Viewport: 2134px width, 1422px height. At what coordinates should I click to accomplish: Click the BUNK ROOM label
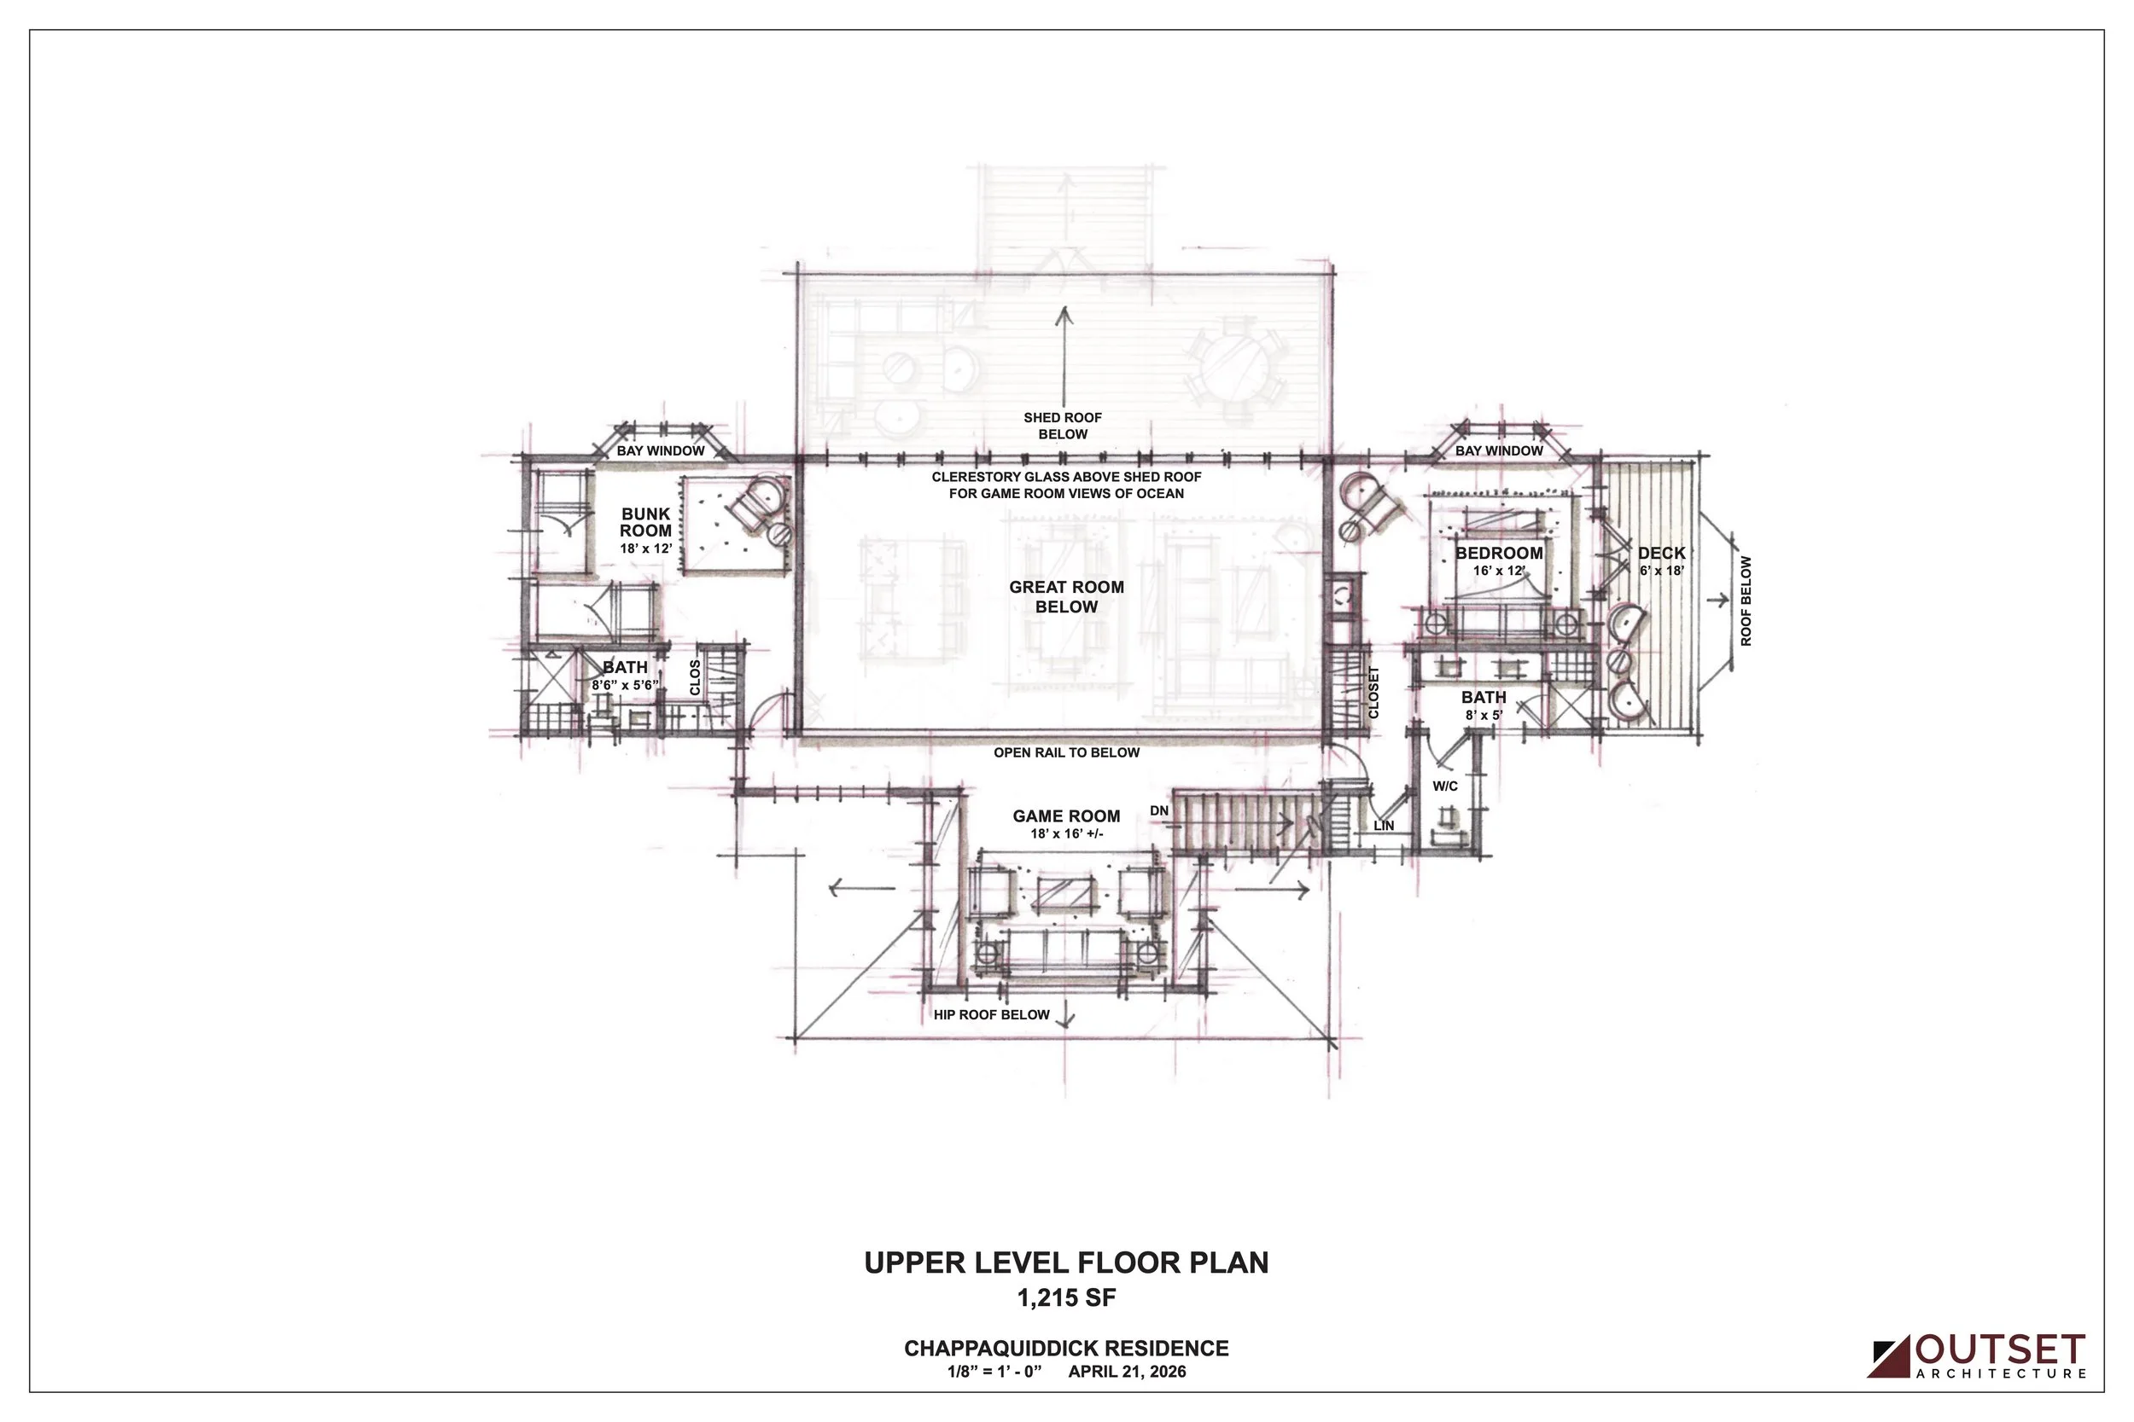point(646,522)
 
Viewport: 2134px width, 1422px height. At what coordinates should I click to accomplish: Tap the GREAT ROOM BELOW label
point(1066,597)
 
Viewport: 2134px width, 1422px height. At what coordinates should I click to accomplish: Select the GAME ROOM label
point(1066,816)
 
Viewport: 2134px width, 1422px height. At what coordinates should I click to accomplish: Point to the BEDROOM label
point(1499,554)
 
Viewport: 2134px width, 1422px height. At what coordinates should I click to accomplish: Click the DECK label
point(1661,554)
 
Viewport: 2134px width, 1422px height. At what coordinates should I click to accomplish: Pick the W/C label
point(1445,786)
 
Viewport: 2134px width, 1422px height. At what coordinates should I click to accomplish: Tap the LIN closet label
point(1384,825)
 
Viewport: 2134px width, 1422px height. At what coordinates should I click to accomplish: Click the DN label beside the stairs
point(1158,810)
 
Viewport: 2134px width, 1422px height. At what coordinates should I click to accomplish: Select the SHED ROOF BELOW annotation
point(1063,427)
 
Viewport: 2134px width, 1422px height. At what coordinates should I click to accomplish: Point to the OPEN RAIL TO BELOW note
point(1066,752)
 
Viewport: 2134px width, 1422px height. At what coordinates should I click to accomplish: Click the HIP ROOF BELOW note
point(992,1015)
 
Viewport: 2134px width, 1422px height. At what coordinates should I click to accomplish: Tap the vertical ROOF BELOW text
point(1746,601)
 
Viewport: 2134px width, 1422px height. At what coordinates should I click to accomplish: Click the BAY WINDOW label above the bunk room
point(661,450)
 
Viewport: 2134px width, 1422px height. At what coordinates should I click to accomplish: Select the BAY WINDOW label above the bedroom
point(1499,450)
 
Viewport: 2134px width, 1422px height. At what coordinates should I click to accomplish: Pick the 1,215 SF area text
point(1066,1298)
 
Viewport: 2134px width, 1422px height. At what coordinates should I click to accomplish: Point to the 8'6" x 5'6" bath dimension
point(624,686)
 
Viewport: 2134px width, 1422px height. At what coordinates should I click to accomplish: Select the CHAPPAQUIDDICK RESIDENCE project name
point(1066,1349)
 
